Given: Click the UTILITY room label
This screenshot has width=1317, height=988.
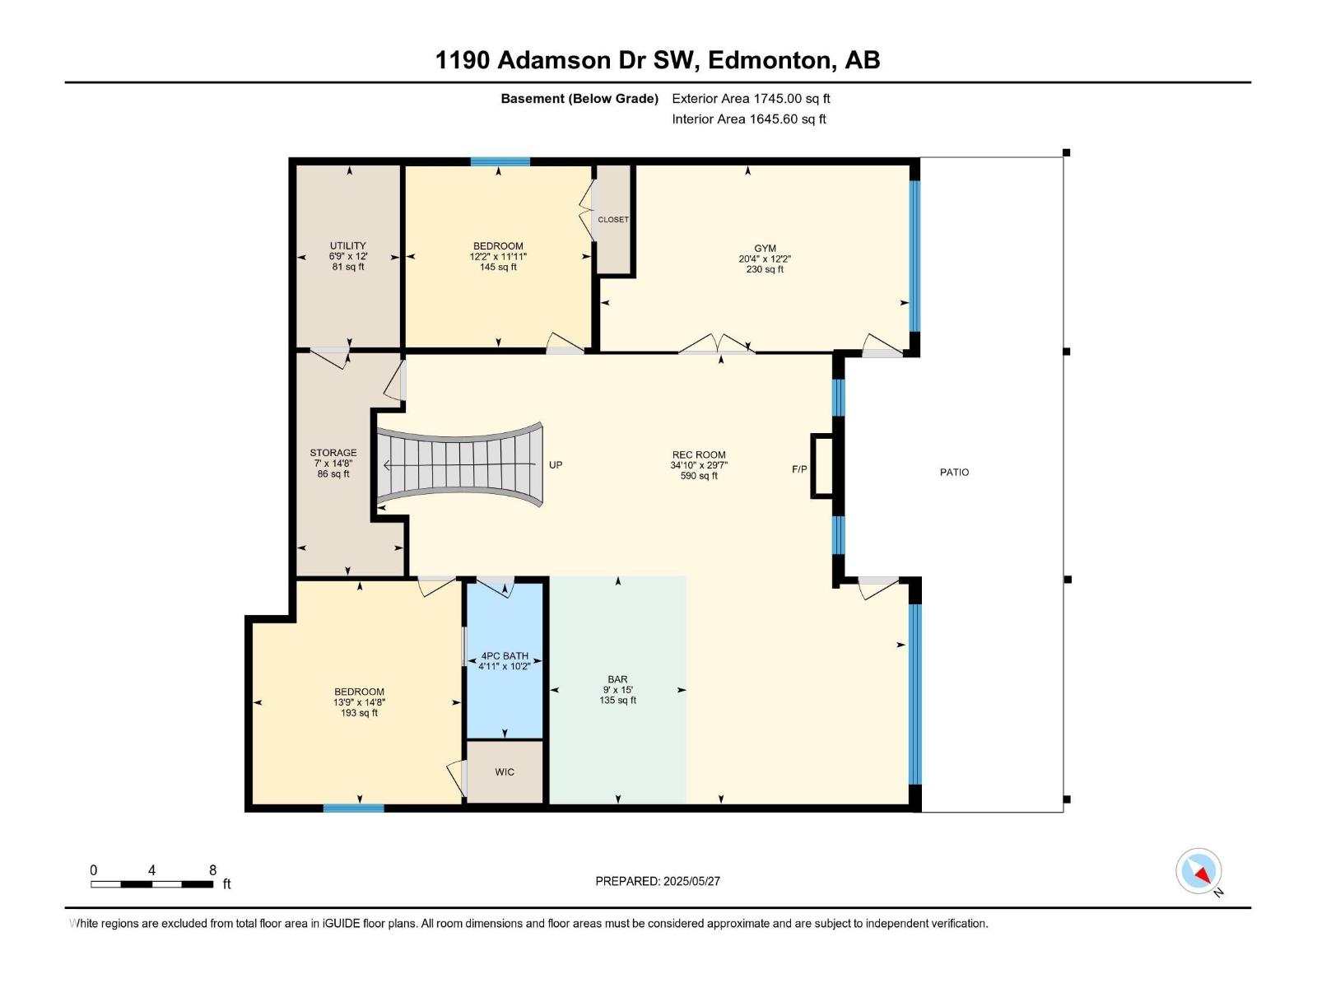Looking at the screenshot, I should coord(347,245).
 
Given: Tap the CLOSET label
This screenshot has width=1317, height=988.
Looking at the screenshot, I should coord(612,220).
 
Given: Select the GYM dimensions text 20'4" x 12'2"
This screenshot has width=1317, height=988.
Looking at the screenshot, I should coord(765,259).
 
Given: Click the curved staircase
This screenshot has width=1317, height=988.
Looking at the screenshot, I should coord(459,465).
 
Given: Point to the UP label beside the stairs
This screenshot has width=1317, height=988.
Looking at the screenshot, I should coord(556,465).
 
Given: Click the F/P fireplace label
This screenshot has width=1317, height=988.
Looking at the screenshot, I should coord(799,469).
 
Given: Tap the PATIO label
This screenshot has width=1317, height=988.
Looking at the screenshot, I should coord(954,473).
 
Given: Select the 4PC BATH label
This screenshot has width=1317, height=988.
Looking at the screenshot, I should coord(505,656).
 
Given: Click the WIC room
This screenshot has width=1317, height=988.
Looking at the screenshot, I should coord(505,772).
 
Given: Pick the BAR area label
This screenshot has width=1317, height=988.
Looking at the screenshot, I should coord(617,679).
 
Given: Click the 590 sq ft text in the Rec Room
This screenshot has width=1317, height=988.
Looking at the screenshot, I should coord(699,476).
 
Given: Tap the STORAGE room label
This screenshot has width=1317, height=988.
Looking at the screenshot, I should coord(333,453).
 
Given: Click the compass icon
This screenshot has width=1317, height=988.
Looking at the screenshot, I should coord(1198,871).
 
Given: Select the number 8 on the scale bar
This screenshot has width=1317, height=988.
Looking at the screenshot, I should coord(212,870).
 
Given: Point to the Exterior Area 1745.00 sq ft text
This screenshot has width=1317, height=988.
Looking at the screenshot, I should coord(751,99).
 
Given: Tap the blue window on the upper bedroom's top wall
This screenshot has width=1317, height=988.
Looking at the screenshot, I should coord(500,161).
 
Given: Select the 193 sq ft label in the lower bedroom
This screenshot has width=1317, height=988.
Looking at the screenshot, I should coord(359,713).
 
